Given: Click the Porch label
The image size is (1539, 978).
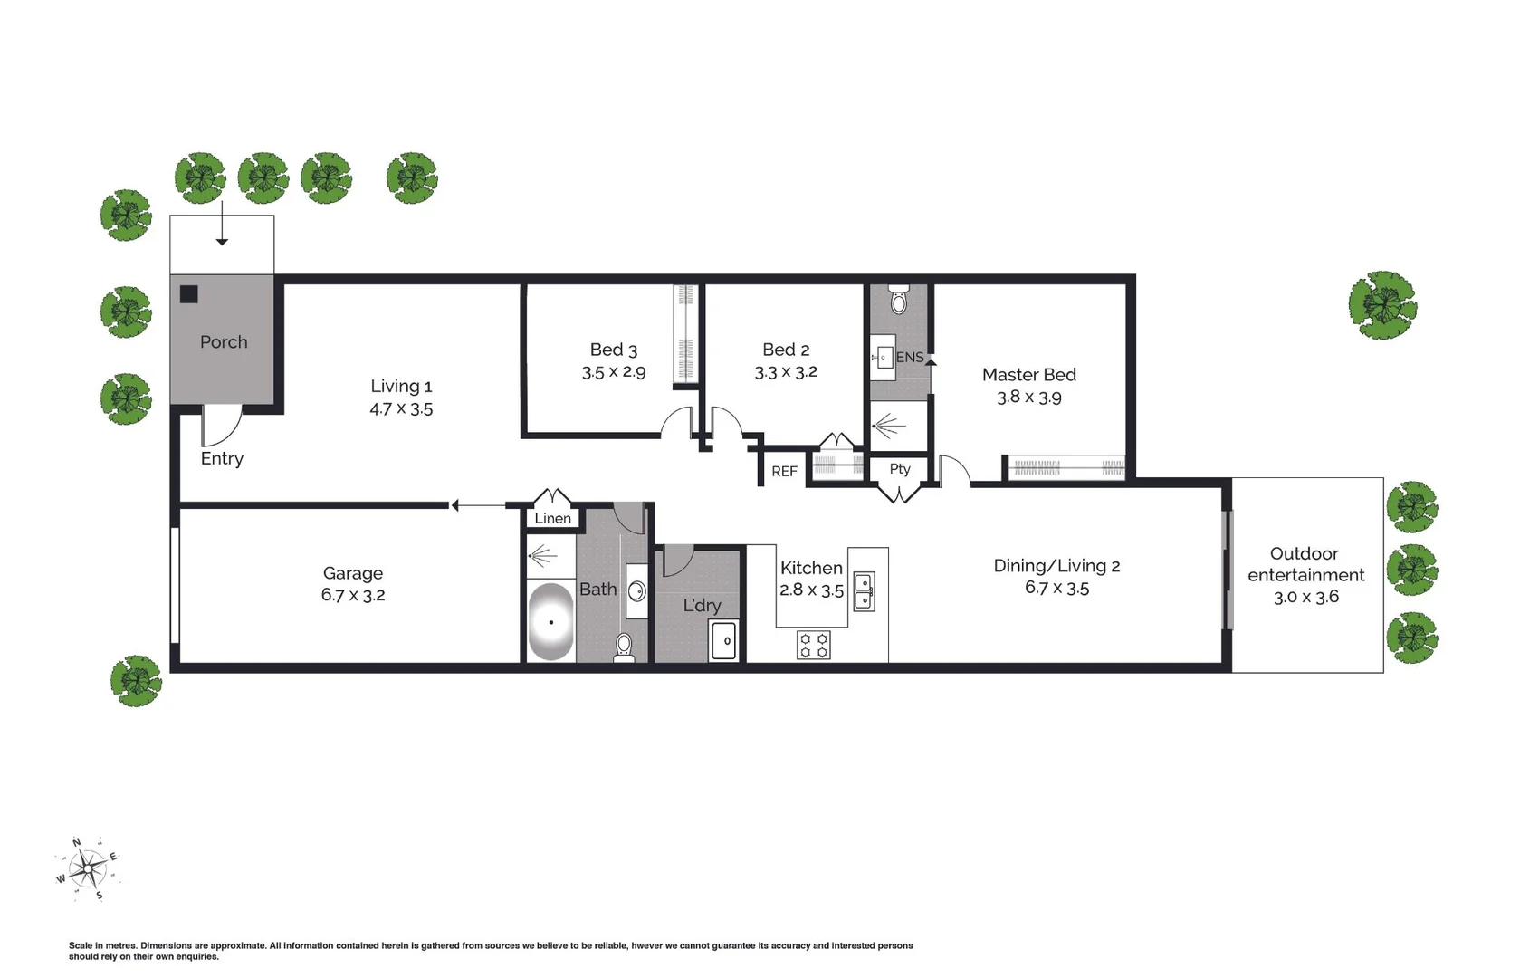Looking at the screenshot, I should (x=224, y=342).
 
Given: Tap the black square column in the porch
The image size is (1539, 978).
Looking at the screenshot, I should (x=188, y=294).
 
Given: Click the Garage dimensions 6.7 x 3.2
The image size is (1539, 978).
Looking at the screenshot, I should (x=353, y=595).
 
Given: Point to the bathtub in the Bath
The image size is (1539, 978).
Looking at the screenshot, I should (x=550, y=622).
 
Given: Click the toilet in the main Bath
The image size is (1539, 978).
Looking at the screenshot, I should (x=624, y=647).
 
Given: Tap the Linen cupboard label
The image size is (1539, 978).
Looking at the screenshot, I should (x=552, y=519).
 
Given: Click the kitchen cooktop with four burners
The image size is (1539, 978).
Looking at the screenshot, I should (x=813, y=645).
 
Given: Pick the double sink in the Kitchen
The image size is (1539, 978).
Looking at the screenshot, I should (x=864, y=591).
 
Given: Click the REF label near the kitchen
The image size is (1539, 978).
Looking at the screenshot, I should (x=784, y=472).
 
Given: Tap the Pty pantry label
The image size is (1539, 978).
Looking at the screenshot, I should (x=899, y=469).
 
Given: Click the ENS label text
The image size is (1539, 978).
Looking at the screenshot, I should (x=909, y=358).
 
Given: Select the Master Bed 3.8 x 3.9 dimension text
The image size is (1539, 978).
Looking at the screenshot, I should (x=1028, y=398).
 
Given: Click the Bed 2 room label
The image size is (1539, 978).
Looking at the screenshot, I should (x=786, y=350).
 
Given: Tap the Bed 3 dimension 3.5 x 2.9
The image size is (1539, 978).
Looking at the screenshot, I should (x=614, y=372).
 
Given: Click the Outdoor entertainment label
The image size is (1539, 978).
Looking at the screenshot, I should (x=1305, y=564).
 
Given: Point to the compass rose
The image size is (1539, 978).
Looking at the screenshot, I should (x=88, y=869).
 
